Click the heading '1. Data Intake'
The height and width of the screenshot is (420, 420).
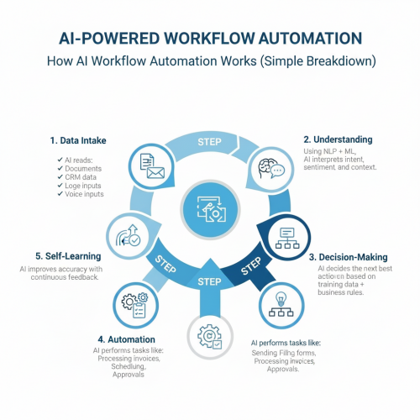tap(78, 140)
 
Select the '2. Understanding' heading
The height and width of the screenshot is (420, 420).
tap(338, 139)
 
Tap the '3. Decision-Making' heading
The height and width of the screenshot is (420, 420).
tap(349, 257)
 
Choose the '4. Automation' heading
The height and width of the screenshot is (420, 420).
tap(126, 339)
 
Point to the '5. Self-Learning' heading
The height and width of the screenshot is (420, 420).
tap(68, 256)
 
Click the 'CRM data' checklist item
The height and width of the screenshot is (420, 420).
tap(81, 177)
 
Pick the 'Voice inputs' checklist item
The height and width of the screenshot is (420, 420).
tap(84, 194)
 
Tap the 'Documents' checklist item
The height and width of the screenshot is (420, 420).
tap(83, 169)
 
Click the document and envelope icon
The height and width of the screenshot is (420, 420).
tap(152, 165)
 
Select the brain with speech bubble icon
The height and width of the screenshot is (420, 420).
tap(271, 169)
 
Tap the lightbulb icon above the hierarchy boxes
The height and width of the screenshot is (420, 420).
tap(281, 298)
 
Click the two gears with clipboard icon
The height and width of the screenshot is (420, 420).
tap(135, 305)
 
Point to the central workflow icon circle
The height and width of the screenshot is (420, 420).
tap(210, 210)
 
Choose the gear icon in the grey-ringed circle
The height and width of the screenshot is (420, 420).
tap(210, 336)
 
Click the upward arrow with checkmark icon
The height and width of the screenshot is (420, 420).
tap(129, 235)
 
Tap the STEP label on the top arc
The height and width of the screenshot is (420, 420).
tap(209, 142)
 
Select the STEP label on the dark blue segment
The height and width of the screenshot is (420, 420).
tap(251, 265)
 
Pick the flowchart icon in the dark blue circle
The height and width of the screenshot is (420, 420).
tap(287, 238)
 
